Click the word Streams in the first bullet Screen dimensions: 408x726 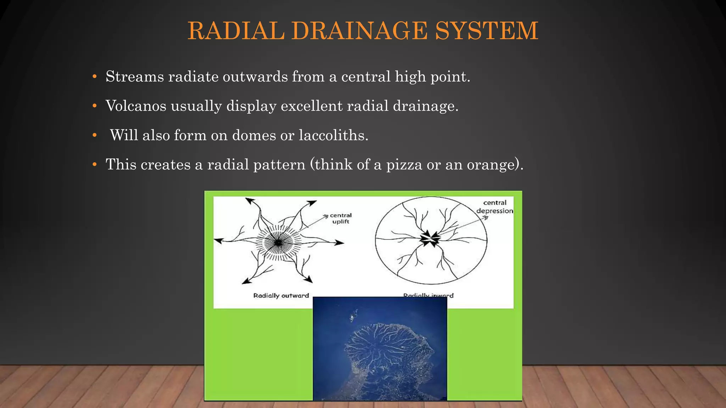pos(135,76)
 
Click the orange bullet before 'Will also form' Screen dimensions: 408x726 pos(94,135)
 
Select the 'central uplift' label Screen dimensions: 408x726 pos(340,219)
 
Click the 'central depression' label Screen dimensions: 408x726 pos(495,207)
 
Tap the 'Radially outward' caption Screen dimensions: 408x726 pos(281,296)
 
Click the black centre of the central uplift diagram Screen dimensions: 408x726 pos(278,243)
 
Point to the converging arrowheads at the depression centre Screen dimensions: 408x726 pos(430,239)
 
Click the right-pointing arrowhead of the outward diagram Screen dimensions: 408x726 pos(340,243)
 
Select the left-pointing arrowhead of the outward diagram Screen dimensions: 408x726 pos(218,241)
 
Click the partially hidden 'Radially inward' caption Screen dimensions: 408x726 pos(428,295)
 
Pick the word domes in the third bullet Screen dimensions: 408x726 pos(254,135)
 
